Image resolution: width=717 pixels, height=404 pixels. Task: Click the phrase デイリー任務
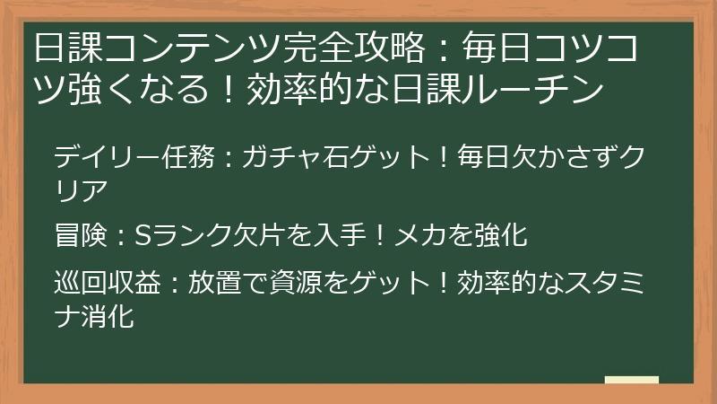click(133, 159)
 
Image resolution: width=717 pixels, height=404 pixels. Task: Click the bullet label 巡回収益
click(108, 285)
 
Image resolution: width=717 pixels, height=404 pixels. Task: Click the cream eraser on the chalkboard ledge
click(631, 380)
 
